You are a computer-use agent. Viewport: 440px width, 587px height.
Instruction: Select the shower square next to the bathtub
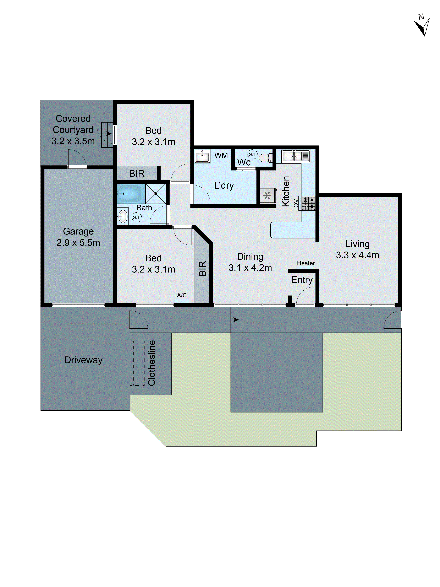point(156,193)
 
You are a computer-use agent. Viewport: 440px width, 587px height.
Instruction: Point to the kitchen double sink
point(295,156)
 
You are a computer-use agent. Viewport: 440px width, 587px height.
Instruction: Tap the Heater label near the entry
point(306,263)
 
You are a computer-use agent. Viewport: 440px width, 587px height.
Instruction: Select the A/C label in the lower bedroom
point(182,295)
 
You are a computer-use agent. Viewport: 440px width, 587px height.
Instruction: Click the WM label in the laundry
point(221,156)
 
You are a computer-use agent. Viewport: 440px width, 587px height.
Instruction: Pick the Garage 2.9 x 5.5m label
point(78,237)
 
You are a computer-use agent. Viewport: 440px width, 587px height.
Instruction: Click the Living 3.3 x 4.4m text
point(357,249)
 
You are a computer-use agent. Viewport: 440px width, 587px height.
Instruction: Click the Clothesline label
point(152,363)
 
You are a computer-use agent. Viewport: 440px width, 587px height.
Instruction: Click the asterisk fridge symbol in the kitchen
point(267,196)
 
